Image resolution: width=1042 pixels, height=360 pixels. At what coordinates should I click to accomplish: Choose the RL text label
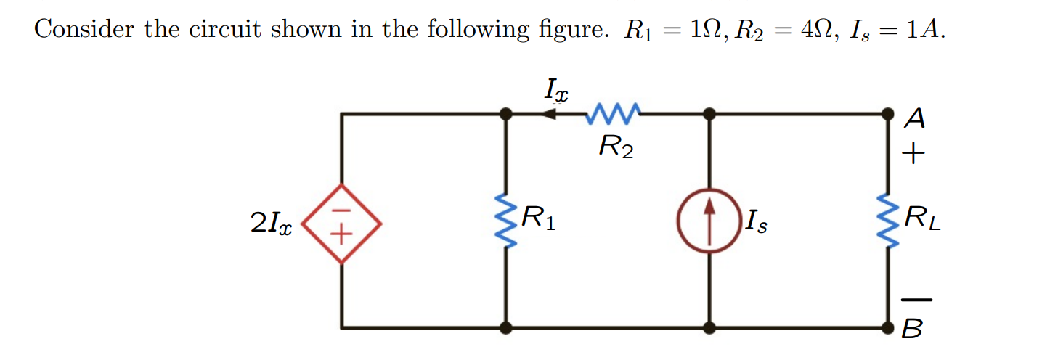pos(922,218)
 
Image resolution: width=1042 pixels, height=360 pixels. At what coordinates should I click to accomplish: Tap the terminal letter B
pos(913,330)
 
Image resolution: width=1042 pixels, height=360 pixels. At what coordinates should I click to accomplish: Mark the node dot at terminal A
pos(887,114)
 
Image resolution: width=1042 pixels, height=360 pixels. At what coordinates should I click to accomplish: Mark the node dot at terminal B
pos(887,327)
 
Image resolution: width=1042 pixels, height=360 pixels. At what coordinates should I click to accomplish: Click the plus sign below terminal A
pos(913,154)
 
